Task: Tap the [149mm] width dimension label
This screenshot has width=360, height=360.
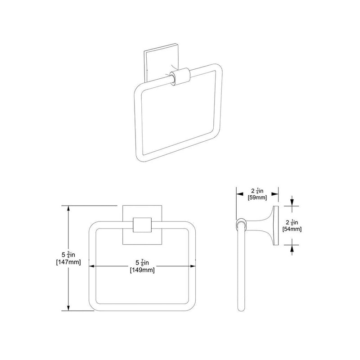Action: point(142,270)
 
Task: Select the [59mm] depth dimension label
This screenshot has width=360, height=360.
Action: point(257,196)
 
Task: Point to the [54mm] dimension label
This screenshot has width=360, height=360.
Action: point(292,229)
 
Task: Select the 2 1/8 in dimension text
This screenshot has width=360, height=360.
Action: point(292,222)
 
